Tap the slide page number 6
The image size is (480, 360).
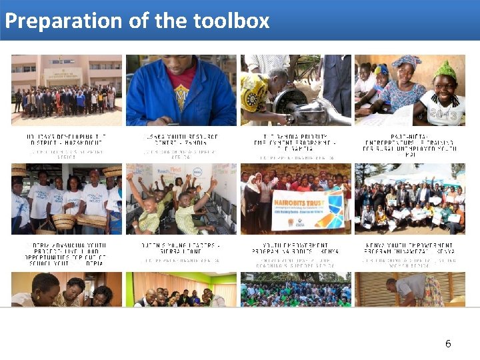tap(448, 344)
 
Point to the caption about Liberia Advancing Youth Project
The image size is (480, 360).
tap(67, 252)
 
